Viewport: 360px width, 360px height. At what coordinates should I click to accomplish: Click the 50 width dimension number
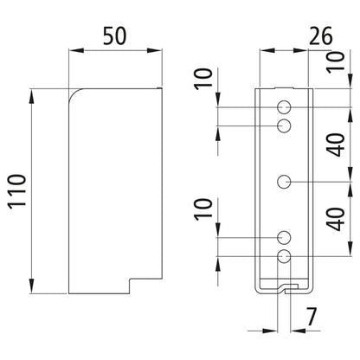[115, 35]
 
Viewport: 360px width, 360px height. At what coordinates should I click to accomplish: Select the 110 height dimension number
[17, 191]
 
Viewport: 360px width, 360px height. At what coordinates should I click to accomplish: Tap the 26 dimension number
[321, 35]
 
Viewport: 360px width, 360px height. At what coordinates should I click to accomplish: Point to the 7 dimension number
[312, 317]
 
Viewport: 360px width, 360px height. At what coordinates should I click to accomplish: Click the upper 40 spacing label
[337, 145]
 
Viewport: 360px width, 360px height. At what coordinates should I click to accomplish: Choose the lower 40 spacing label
[337, 219]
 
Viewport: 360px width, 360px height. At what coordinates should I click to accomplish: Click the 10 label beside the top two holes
[203, 79]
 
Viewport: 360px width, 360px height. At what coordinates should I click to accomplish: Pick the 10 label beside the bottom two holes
[203, 209]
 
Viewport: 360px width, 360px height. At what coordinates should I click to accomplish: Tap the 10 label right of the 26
[336, 61]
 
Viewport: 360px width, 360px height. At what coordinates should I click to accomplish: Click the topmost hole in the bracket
[284, 107]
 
